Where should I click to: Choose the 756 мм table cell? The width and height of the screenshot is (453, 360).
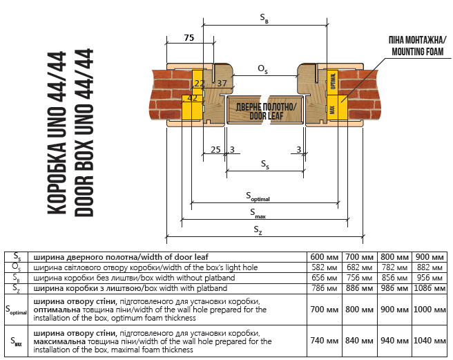point(360,278)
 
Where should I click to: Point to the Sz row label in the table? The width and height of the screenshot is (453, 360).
point(15,289)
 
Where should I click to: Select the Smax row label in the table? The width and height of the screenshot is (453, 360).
point(15,341)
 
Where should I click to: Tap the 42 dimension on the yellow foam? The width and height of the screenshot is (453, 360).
point(193,98)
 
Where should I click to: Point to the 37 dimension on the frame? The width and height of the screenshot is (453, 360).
point(222,84)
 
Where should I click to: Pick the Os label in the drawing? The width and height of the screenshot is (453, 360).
point(262,68)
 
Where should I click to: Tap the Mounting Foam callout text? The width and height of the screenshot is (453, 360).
point(418,45)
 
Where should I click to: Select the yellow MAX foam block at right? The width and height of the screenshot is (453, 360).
point(332,108)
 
